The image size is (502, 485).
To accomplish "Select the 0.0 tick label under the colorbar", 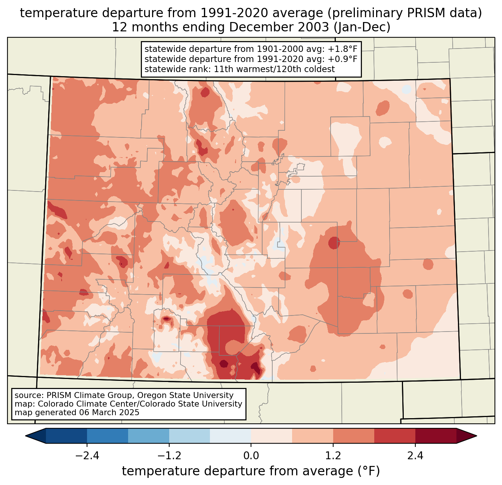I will tap(251, 456).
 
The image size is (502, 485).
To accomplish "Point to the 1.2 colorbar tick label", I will tap(333, 456).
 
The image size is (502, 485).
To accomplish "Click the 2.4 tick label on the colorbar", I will tap(415, 456).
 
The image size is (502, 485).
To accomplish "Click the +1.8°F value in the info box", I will tap(343, 49).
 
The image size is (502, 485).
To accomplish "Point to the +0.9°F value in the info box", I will tap(343, 59).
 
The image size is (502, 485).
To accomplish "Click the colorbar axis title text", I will tap(251, 471).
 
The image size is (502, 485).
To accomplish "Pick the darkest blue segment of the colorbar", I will tap(66, 436).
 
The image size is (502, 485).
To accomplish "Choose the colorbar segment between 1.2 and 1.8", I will tap(354, 436).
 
